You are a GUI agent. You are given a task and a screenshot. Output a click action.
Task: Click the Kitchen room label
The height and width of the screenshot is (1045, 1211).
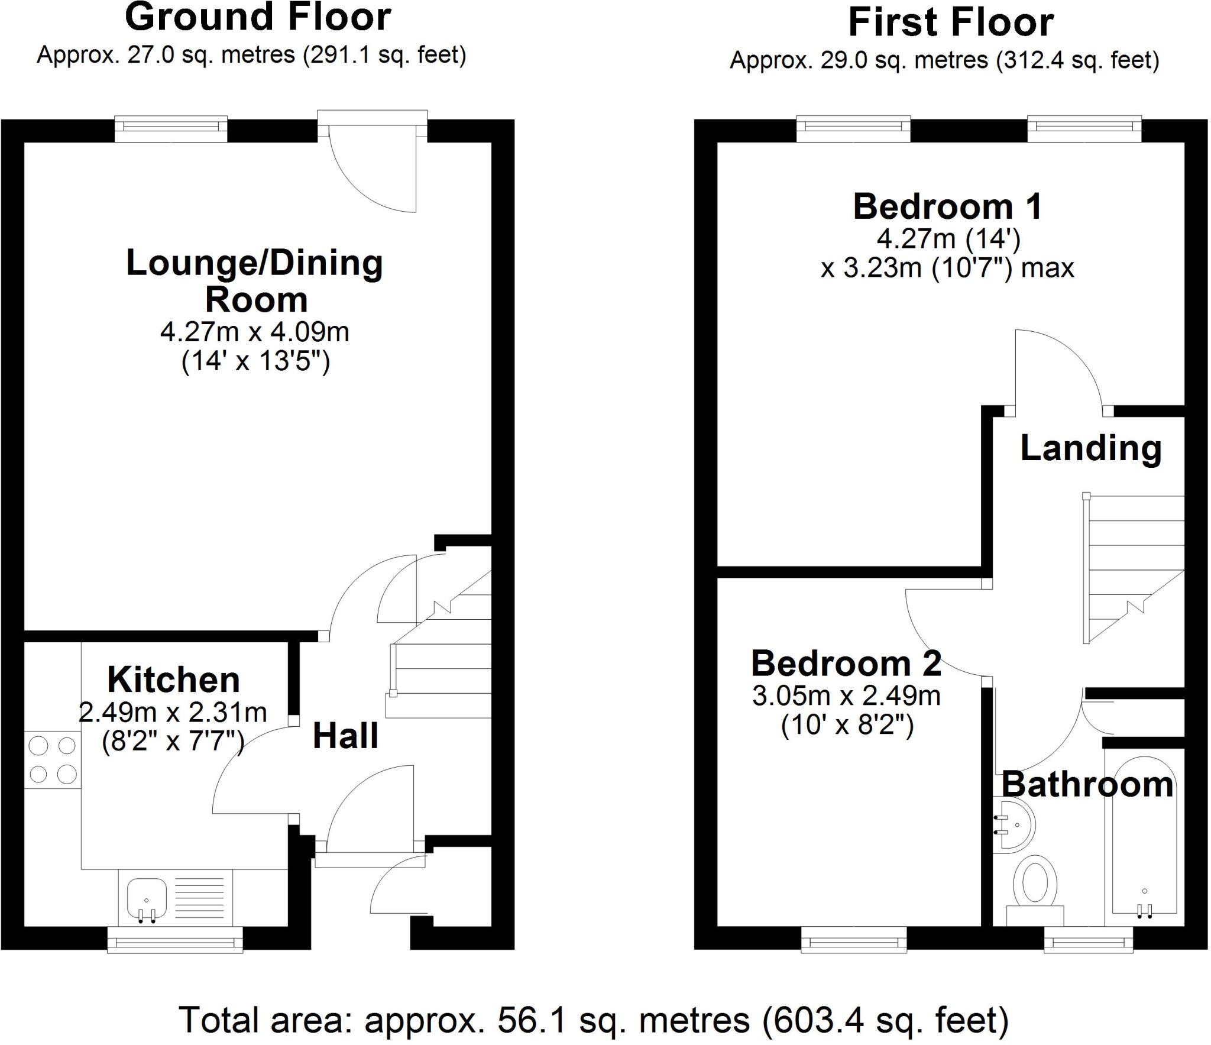coord(173,680)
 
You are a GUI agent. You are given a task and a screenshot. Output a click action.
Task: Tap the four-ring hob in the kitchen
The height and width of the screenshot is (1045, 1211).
coord(53,760)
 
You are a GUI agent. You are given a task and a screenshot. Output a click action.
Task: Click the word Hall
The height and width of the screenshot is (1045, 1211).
coord(345,737)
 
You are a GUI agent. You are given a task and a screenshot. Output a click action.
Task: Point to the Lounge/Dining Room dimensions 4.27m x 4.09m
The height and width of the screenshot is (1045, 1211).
coord(255,332)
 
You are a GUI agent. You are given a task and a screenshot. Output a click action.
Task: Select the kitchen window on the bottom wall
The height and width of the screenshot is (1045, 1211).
coord(175,940)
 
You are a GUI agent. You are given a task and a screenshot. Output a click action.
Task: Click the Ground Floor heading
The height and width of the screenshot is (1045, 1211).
coord(258,18)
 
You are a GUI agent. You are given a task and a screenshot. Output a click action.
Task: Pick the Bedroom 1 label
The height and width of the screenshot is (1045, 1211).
coord(947,207)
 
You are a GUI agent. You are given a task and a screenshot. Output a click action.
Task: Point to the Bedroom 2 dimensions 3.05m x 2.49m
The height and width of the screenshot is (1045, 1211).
coord(846,696)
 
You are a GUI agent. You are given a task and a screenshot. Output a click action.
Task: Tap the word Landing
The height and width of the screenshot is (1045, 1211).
coord(1091,448)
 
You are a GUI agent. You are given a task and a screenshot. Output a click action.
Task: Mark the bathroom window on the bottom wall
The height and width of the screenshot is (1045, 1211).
coord(1089,940)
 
